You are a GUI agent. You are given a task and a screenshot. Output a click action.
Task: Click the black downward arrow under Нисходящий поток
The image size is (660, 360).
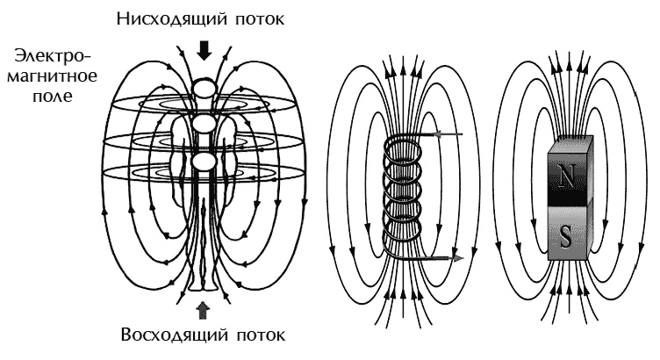pyautogui.click(x=204, y=50)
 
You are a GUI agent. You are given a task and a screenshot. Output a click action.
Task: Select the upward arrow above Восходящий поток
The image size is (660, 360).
pyautogui.click(x=204, y=308)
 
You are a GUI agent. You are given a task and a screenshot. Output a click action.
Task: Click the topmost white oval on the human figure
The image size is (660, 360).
pyautogui.click(x=204, y=89)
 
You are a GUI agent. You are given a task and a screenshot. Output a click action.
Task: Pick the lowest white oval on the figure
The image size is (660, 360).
pyautogui.click(x=204, y=162)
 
